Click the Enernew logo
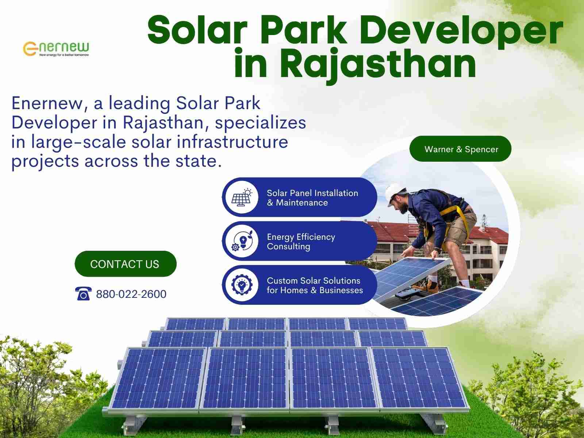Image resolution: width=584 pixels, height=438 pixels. [56, 49]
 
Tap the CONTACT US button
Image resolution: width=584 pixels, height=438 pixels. [126, 264]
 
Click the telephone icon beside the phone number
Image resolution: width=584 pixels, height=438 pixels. [83, 293]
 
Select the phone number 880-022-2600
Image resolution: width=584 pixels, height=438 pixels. [131, 294]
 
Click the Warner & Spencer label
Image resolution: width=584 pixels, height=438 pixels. [460, 149]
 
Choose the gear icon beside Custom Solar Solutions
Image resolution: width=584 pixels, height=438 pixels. [242, 285]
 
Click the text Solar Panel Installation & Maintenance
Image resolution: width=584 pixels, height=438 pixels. [312, 198]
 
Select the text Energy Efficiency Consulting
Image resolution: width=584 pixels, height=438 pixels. [301, 242]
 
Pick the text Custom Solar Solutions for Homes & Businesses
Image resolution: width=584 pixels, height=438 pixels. [315, 285]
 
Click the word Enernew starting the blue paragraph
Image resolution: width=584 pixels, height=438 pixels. [47, 103]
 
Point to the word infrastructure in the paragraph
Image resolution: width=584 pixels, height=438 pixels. [232, 142]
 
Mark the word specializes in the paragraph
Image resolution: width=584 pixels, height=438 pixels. [261, 123]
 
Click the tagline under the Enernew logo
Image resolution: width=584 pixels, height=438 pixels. [64, 55]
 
